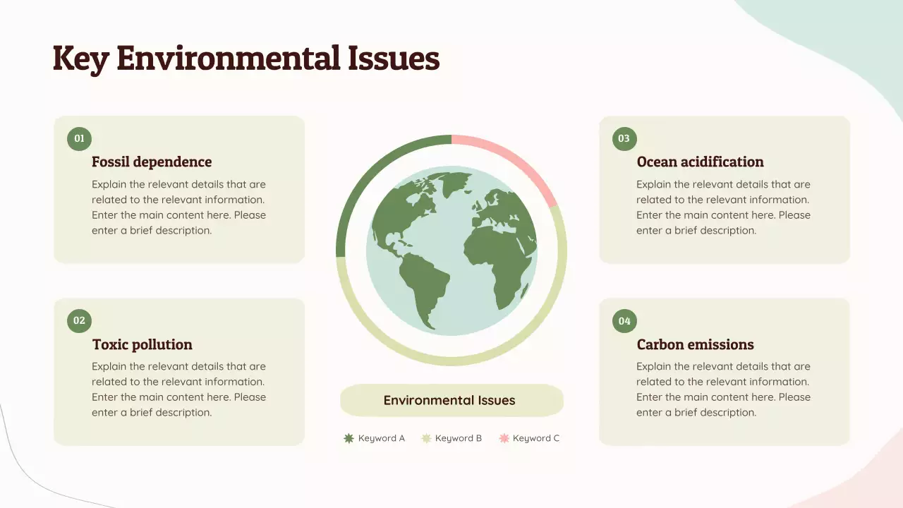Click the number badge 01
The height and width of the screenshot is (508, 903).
[79, 139]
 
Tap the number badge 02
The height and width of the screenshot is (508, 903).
[79, 321]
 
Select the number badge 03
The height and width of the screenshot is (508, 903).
[624, 139]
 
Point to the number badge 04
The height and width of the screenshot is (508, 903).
[624, 322]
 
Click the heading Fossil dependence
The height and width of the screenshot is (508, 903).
[152, 162]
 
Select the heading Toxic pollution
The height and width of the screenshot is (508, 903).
[143, 344]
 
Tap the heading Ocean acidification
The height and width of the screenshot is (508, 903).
[700, 162]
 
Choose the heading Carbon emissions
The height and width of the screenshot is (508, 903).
[695, 344]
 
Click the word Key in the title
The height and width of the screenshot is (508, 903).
[80, 59]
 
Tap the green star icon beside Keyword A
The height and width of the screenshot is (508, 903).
[349, 438]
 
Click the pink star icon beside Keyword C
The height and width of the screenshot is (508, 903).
[504, 438]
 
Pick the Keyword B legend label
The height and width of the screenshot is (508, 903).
[459, 438]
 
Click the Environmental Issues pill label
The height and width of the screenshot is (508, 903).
[449, 401]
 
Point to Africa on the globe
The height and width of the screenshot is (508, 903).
[497, 261]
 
